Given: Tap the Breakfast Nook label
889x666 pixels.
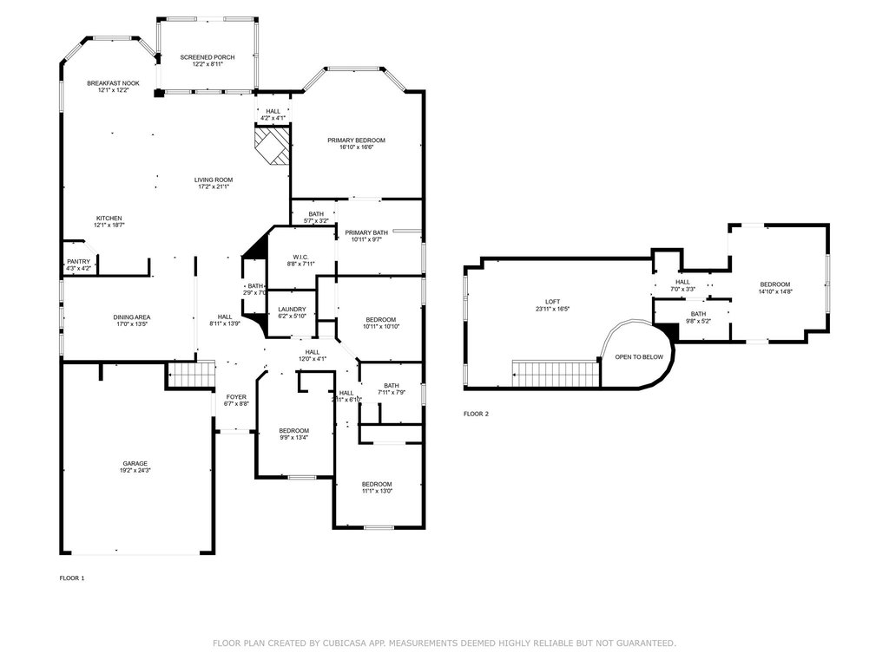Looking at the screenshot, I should [113, 83].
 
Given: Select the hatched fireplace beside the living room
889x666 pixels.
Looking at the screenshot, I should [271, 143].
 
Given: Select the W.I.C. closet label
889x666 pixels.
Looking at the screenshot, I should [301, 257].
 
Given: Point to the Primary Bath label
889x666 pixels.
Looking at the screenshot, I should [366, 232].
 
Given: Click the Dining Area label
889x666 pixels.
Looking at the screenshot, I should [132, 317].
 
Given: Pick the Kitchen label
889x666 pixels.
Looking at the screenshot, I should [109, 218].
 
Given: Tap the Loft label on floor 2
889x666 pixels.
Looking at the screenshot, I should [552, 301].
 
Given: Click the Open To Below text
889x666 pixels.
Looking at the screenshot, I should [639, 357].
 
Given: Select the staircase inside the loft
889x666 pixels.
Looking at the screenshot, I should [556, 375].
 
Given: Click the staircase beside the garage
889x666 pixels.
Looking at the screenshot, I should [190, 375].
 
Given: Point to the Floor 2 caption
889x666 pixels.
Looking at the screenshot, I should [476, 415].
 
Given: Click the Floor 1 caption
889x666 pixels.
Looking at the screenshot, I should [71, 578].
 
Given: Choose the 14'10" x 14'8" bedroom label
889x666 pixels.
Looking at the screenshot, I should [775, 284].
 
